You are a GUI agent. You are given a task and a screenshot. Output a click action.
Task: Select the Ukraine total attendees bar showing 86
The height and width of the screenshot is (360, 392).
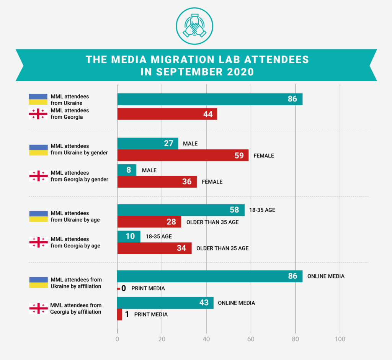[210, 99]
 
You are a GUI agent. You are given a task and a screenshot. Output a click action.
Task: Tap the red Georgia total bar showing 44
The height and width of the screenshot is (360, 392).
[167, 114]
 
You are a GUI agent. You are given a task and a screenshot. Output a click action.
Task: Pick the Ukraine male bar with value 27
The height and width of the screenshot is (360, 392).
[147, 144]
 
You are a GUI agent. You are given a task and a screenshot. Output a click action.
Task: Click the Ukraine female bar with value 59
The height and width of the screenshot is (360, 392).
[183, 155]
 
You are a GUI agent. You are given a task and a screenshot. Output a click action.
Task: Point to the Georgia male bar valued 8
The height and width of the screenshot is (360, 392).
[126, 170]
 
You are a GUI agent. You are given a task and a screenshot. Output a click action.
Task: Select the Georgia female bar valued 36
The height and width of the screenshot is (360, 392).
[157, 182]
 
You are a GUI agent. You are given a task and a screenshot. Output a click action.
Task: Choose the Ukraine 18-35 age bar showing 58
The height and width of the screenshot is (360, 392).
[181, 210]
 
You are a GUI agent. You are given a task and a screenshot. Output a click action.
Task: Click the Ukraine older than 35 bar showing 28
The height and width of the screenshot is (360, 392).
[149, 222]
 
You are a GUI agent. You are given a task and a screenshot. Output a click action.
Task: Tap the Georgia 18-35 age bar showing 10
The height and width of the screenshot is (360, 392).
[129, 236]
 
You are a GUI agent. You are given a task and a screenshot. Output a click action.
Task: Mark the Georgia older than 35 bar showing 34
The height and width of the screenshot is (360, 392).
[154, 248]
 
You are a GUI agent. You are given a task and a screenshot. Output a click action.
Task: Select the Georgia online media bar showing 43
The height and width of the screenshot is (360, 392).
[165, 303]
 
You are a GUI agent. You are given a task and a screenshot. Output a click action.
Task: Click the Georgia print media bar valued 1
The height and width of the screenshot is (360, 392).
[119, 314]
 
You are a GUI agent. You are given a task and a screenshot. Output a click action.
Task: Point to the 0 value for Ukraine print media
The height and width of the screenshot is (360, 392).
[124, 288]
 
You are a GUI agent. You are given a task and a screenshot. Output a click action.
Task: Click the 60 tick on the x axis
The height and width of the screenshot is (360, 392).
[251, 339]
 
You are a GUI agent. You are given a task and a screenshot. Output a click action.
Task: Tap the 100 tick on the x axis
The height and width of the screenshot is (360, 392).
[340, 339]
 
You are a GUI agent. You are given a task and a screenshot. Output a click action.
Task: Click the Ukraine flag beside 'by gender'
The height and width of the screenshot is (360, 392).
[38, 149]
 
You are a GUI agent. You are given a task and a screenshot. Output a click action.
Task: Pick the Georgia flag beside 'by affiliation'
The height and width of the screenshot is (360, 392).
[38, 308]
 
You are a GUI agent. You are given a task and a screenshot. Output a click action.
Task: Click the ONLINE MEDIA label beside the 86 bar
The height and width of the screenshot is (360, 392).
[327, 276]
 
